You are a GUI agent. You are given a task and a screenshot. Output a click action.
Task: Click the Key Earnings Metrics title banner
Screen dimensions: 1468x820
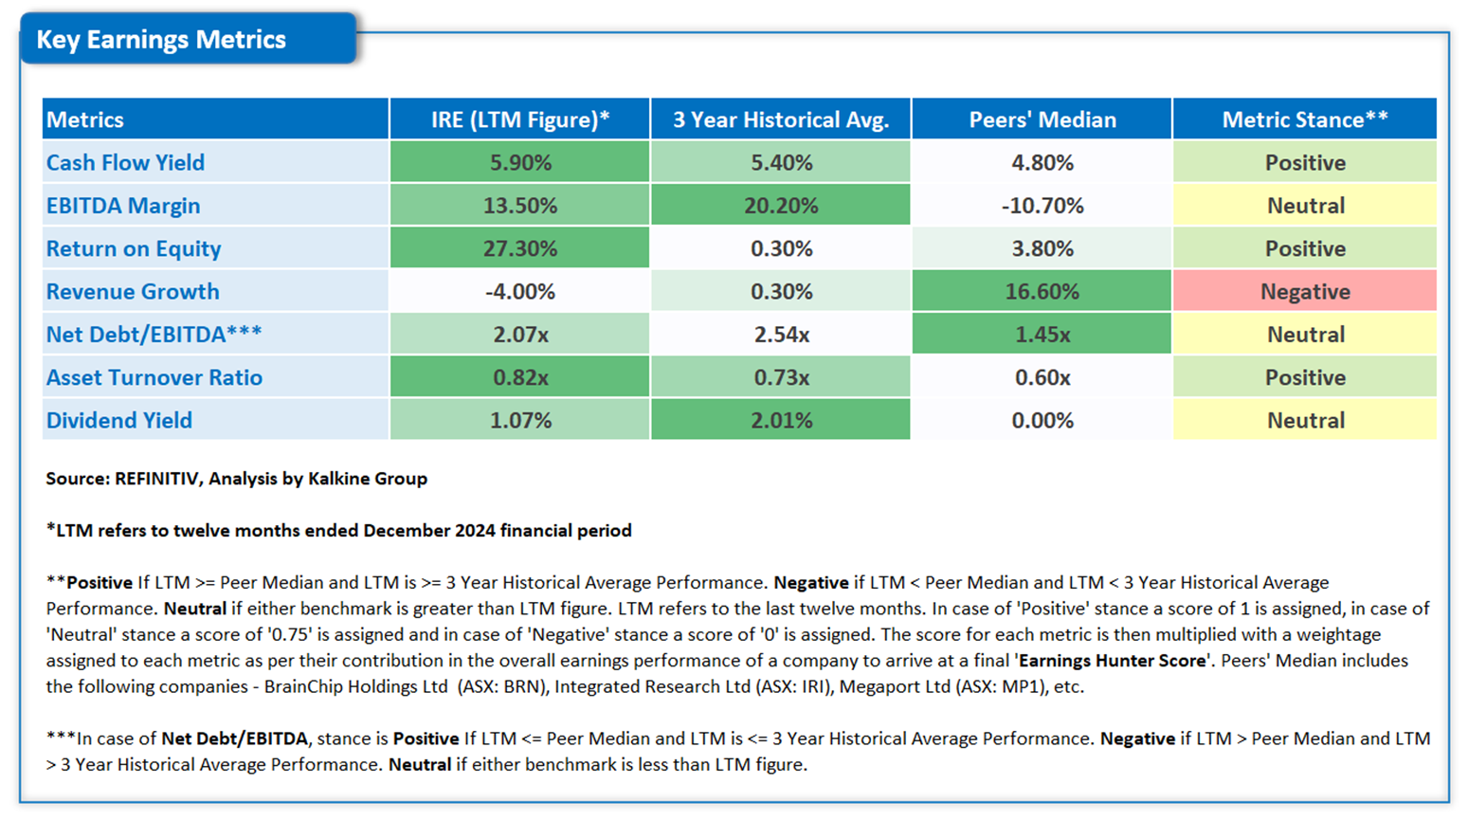tap(188, 39)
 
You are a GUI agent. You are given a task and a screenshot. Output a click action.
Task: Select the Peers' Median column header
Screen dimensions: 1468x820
tap(1042, 119)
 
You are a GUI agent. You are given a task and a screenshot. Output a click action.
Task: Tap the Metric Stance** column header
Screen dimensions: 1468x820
tap(1305, 119)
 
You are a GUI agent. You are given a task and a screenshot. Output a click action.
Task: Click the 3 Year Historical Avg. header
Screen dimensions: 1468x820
tap(781, 119)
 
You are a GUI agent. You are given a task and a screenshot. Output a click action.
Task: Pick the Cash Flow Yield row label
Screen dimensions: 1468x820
tap(125, 162)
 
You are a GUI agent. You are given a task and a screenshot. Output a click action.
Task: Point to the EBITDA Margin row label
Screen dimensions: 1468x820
tap(123, 206)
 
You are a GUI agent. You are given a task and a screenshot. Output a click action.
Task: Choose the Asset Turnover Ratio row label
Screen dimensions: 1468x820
tap(154, 377)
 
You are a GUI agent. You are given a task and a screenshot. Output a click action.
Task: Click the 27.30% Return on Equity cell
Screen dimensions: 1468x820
tap(519, 248)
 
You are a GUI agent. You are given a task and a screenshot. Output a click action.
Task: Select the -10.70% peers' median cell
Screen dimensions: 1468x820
tap(1042, 206)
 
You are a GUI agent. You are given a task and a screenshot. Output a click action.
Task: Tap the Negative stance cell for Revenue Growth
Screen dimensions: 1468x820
tap(1305, 292)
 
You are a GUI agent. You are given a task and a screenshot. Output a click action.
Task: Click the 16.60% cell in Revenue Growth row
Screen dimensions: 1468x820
tap(1042, 292)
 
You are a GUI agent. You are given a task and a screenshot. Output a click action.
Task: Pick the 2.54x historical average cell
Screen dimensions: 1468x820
tap(781, 335)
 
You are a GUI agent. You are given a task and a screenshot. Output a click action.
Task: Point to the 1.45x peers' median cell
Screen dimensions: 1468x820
tap(1042, 335)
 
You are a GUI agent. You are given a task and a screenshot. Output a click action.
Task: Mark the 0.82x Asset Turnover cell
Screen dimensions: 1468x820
tap(519, 377)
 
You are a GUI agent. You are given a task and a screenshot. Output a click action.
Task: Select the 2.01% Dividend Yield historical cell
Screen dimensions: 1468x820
tap(781, 420)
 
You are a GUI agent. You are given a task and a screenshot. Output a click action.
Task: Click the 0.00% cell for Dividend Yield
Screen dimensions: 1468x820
tap(1042, 420)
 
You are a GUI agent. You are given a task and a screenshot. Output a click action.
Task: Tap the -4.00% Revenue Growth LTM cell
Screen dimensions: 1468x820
tap(519, 292)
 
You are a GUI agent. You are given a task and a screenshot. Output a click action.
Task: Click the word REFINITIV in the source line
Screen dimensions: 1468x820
tap(156, 479)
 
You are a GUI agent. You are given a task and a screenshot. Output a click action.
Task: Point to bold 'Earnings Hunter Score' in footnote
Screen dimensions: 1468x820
tap(1113, 661)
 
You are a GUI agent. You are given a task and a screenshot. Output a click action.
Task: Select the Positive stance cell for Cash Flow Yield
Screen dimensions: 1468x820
tap(1305, 162)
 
